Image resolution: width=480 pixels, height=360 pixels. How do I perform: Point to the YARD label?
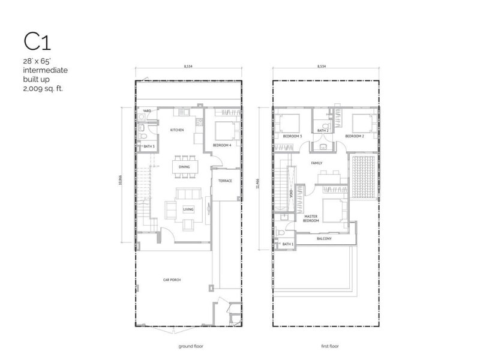point(146,111)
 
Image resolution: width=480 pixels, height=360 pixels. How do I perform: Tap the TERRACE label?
point(225,181)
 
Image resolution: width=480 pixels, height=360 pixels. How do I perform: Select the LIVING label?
point(188,209)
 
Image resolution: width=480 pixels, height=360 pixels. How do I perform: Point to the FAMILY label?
point(316,163)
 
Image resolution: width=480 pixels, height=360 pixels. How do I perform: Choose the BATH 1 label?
point(287,244)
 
